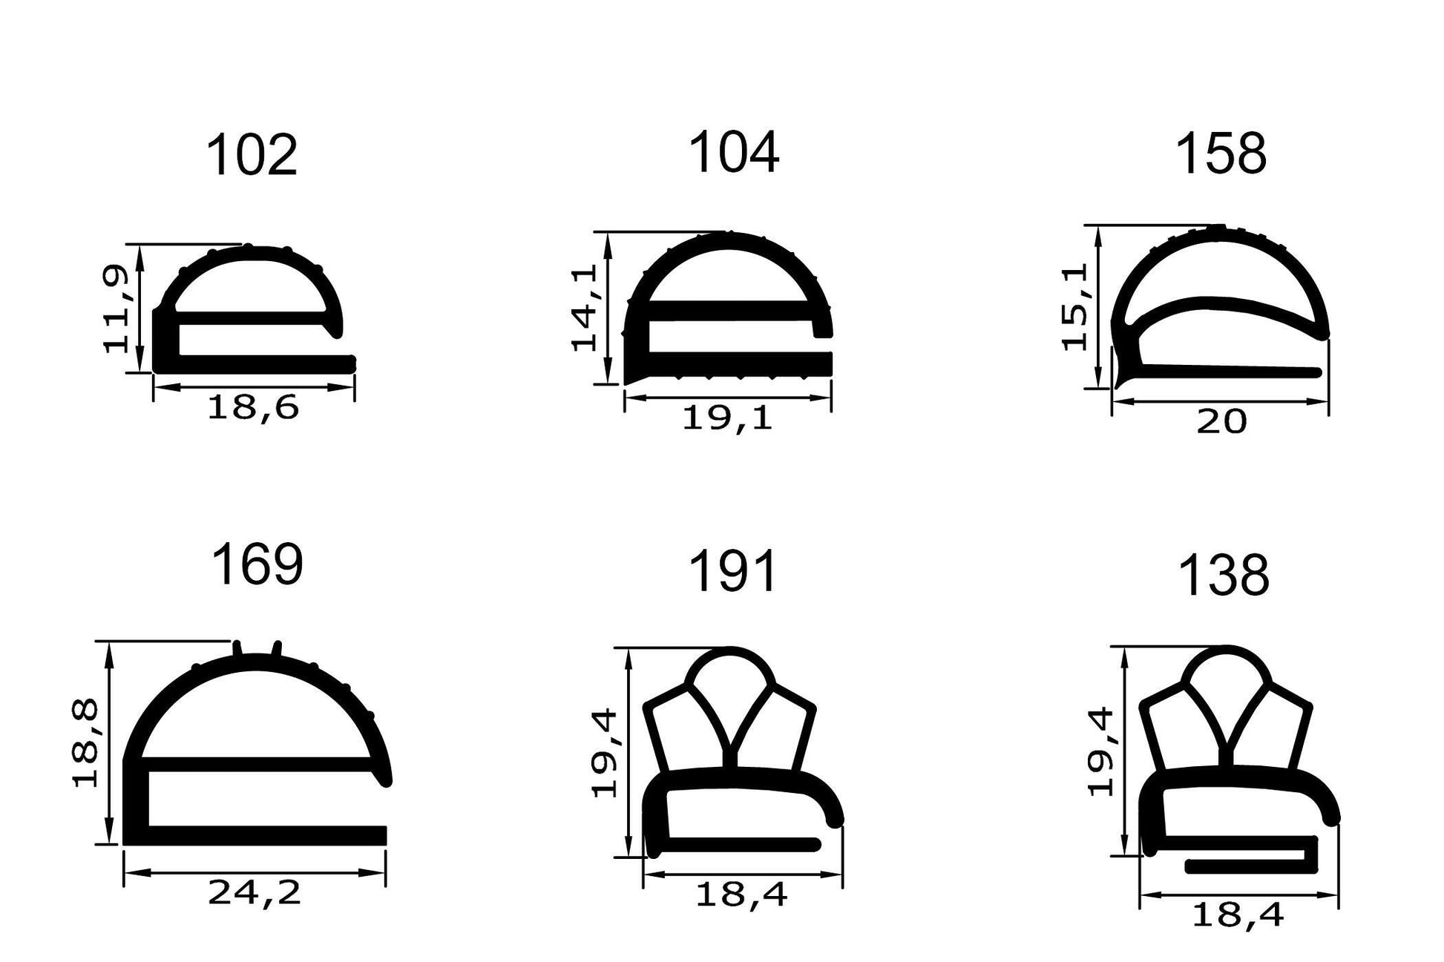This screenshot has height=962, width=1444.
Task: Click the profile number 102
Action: (251, 156)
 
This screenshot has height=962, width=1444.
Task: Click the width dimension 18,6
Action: (252, 408)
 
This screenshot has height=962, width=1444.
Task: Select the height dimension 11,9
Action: (117, 309)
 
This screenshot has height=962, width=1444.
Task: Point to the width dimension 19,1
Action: (727, 419)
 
